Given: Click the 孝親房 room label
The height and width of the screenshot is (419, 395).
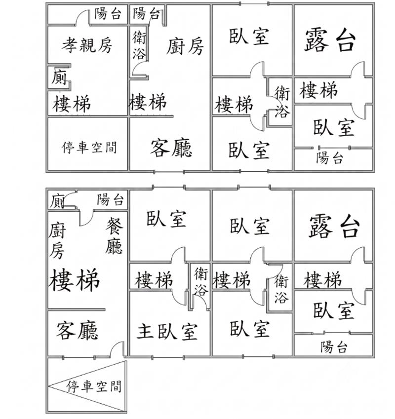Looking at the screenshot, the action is click(87, 45).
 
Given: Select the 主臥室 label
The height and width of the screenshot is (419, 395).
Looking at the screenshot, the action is click(167, 331).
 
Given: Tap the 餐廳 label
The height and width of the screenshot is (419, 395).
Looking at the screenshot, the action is click(114, 235).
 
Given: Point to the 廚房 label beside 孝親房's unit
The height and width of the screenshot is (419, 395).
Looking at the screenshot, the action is click(185, 46).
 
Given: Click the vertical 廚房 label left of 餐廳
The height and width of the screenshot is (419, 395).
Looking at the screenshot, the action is click(57, 240).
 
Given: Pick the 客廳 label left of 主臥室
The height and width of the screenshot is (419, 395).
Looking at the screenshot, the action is click(77, 331).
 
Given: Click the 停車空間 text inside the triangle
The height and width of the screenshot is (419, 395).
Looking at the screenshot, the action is click(94, 386).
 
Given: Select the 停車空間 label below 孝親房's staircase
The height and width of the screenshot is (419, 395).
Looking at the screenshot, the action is click(89, 147).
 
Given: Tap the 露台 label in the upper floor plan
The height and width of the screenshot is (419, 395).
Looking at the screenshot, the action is click(331, 40).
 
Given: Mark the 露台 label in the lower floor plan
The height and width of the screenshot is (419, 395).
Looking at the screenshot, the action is click(334, 227).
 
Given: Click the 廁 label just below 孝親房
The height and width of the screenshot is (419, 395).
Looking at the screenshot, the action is click(59, 77).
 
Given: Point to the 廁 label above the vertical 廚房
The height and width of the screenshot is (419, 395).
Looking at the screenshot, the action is click(57, 201).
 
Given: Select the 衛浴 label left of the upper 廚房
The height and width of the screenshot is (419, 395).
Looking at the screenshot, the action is click(139, 45).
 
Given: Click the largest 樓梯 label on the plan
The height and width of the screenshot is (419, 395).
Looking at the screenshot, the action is click(74, 280).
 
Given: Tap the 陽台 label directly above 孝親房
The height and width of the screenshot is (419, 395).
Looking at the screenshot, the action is click(108, 13).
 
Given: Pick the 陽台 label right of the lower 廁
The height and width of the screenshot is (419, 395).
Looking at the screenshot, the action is click(111, 199).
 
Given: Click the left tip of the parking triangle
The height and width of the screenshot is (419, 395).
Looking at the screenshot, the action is click(49, 385).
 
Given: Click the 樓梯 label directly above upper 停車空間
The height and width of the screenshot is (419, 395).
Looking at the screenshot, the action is click(72, 104).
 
